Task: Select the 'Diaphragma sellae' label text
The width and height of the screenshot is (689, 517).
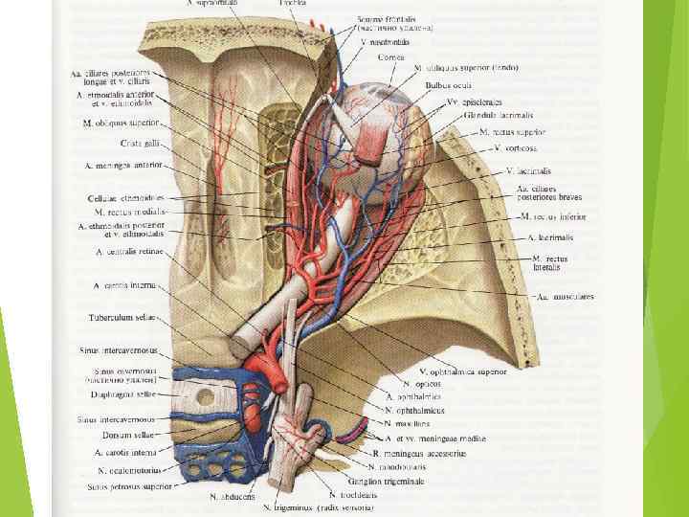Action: (122, 391)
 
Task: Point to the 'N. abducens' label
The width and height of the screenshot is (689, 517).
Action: (230, 497)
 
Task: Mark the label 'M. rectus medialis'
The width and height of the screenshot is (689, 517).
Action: (131, 211)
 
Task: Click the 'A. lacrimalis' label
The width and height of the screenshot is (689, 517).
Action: (552, 236)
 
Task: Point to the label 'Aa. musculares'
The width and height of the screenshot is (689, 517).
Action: (566, 297)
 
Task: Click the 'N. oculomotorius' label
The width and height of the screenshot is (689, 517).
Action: (129, 470)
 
